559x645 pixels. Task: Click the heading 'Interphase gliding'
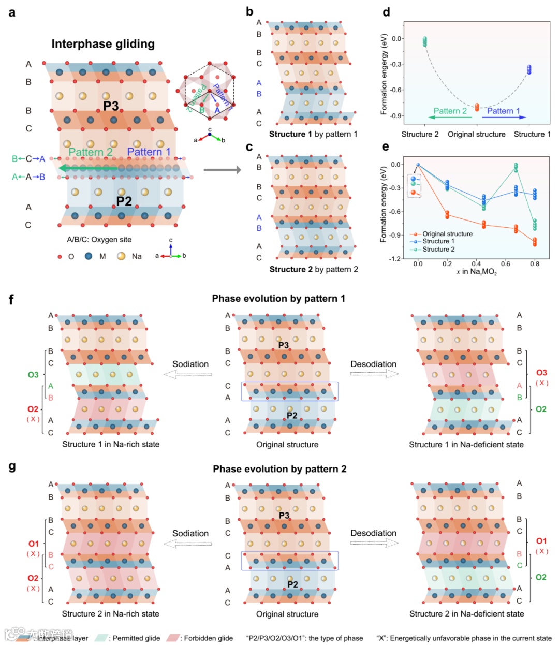pos(103,44)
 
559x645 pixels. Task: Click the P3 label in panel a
pos(111,106)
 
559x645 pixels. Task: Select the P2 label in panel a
pos(124,201)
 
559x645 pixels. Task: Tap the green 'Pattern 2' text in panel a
pos(91,152)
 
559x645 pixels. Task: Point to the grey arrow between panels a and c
pos(222,170)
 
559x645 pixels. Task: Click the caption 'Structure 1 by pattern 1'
pos(313,134)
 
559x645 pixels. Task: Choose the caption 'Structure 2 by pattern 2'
pos(314,269)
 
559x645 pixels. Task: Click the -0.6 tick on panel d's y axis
pos(396,90)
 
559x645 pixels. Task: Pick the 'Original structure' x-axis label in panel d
pos(476,134)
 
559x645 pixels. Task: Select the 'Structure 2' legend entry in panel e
pos(438,249)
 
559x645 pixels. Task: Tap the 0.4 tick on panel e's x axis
pos(476,263)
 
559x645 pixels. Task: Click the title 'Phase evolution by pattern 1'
pos(278,299)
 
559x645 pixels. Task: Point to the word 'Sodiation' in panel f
pos(190,364)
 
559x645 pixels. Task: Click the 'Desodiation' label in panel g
pos(373,533)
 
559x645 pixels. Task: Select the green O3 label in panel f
pos(33,374)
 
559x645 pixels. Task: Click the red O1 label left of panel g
pos(33,544)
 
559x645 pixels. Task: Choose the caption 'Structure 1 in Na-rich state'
pos(111,444)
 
